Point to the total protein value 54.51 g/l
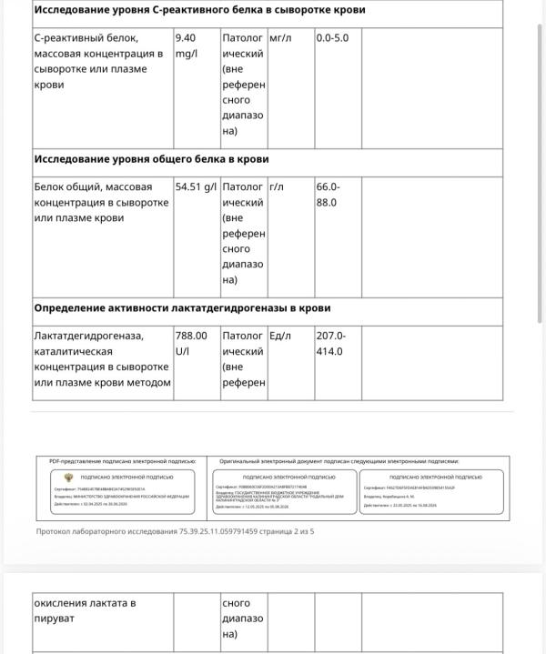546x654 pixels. (x=196, y=186)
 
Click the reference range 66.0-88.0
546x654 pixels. (x=328, y=195)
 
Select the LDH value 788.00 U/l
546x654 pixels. (x=191, y=343)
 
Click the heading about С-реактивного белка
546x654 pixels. (x=199, y=10)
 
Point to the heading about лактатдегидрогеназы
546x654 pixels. (x=182, y=308)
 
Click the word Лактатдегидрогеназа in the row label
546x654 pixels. (x=88, y=336)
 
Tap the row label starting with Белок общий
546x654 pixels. (x=100, y=202)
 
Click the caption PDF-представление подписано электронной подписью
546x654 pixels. (x=122, y=461)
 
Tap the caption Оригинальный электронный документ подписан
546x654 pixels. (x=339, y=461)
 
